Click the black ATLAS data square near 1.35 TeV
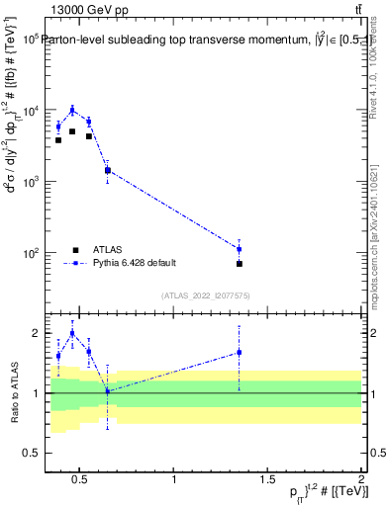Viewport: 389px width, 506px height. tap(240, 264)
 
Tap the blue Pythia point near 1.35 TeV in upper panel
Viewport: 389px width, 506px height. tap(240, 249)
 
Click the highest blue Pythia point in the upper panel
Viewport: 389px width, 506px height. tap(72, 110)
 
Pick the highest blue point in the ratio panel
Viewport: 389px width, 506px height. tap(72, 333)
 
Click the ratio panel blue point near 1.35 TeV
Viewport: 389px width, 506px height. tap(240, 352)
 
